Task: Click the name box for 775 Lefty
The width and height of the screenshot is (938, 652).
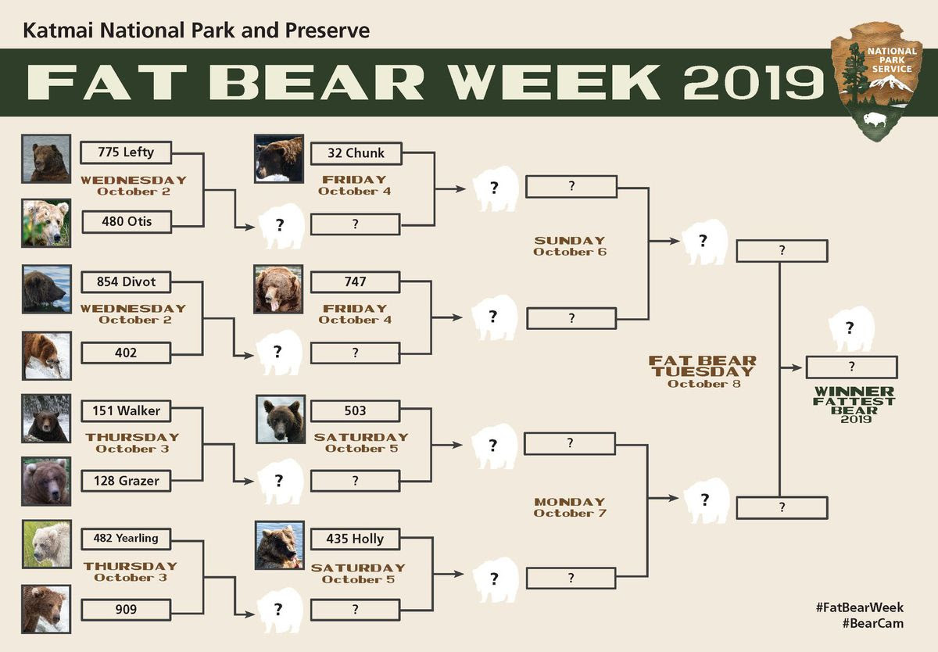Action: coord(126,152)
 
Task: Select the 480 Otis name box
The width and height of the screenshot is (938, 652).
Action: coord(127,221)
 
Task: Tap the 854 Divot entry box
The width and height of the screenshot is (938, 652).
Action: coord(126,281)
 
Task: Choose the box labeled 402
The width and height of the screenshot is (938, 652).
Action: coord(126,353)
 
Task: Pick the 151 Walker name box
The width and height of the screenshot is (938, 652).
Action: coord(126,410)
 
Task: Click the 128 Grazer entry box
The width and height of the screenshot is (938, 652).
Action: coord(126,481)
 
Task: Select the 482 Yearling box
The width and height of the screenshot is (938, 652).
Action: coord(126,539)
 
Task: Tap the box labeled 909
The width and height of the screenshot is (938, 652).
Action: coord(126,609)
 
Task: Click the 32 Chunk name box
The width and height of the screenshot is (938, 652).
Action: coord(356,153)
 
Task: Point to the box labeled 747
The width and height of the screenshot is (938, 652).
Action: coord(355,281)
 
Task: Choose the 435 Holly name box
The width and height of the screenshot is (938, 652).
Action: coord(355,539)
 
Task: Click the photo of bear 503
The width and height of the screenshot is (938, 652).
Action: coord(281,419)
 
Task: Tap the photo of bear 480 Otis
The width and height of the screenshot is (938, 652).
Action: coord(46,223)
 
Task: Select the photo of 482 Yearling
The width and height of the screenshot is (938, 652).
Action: coord(46,544)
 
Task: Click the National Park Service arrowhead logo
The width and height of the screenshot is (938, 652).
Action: coord(876,81)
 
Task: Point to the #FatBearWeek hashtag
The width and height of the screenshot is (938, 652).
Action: coord(859,607)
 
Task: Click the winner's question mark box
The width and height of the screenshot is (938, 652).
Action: coord(852,367)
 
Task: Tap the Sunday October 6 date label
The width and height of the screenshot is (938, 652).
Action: coord(570,246)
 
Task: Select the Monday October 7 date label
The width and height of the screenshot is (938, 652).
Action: coord(570,507)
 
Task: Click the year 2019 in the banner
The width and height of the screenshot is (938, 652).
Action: coord(754,83)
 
